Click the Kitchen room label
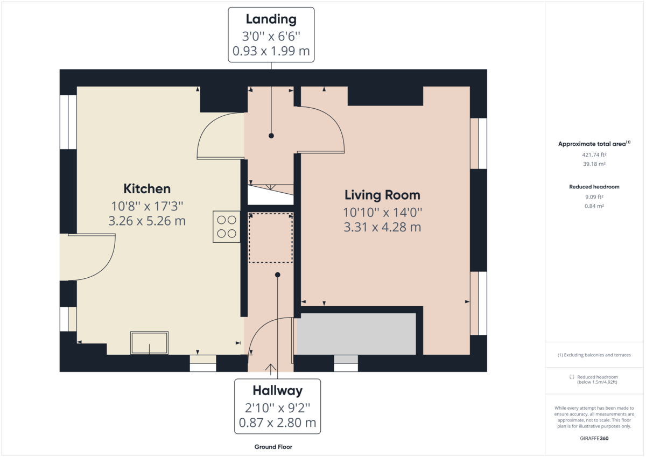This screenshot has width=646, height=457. [147, 189]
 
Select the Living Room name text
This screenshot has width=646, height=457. [382, 195]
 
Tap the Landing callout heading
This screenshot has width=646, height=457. [271, 19]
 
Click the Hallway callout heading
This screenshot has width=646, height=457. [277, 390]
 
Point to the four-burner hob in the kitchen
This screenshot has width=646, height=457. [227, 226]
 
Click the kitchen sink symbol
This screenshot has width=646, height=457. [149, 343]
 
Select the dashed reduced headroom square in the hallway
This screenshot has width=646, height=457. [270, 237]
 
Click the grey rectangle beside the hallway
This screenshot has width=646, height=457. [356, 334]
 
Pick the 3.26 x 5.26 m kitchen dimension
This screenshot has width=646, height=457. [147, 221]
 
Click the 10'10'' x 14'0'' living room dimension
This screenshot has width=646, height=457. [382, 212]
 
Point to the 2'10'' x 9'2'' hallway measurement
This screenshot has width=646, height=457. [277, 407]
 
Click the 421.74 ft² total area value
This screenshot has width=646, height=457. [594, 154]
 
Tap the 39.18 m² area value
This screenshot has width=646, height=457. [594, 164]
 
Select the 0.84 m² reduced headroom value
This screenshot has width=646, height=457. [594, 206]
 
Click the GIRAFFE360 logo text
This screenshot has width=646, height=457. [594, 438]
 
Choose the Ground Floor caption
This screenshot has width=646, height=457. [273, 447]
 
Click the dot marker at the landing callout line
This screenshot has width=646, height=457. [271, 136]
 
